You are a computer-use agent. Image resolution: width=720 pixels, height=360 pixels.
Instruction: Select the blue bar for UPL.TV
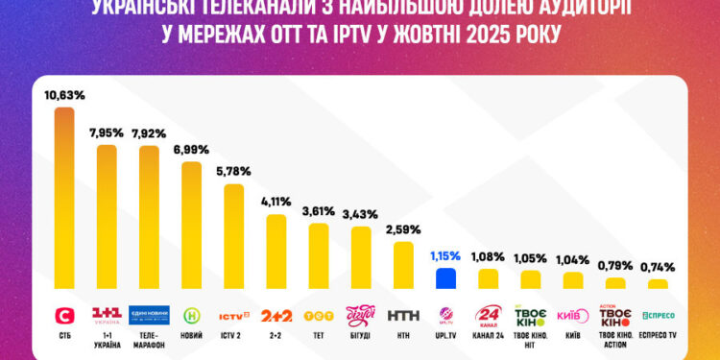pyautogui.click(x=445, y=278)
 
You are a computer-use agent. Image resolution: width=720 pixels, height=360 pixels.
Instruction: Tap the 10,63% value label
pyautogui.click(x=64, y=95)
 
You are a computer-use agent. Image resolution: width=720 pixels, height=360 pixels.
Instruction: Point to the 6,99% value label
pyautogui.click(x=191, y=150)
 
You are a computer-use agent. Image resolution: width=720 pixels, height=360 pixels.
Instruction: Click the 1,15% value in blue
pyautogui.click(x=445, y=256)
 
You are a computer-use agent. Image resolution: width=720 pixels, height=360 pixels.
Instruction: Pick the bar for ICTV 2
pyautogui.click(x=233, y=236)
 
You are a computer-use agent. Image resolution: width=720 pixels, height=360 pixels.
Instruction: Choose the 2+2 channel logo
pyautogui.click(x=276, y=315)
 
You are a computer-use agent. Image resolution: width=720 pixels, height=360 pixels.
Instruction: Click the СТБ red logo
pyautogui.click(x=64, y=315)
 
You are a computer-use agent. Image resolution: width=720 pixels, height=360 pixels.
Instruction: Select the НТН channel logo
pyautogui.click(x=403, y=315)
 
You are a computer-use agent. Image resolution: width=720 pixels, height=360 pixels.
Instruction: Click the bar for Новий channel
pyautogui.click(x=191, y=225)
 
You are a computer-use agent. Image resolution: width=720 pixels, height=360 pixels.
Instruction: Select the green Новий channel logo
pyautogui.click(x=191, y=315)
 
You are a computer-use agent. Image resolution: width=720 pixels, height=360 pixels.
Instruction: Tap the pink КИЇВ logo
pyautogui.click(x=572, y=315)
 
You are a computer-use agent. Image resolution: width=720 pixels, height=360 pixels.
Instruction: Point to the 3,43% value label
pyautogui.click(x=361, y=213)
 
